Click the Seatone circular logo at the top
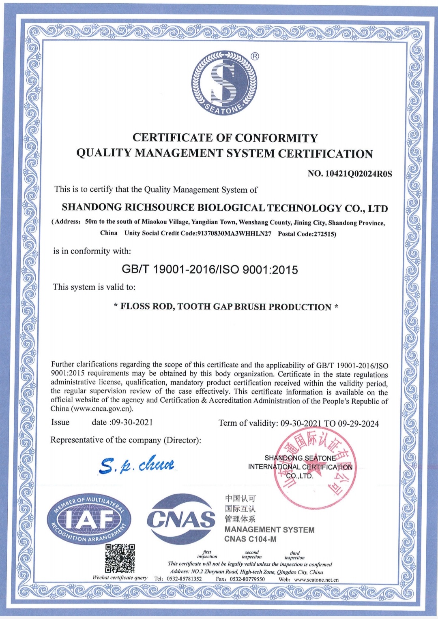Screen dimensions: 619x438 224,83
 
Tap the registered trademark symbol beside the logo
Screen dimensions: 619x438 255,56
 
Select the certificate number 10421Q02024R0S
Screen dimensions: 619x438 359,174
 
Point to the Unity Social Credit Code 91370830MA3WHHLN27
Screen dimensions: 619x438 234,234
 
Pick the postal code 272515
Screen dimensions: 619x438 324,234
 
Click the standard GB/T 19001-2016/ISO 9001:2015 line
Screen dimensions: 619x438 210,270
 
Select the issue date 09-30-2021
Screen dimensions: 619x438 132,422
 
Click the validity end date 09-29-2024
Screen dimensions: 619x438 358,424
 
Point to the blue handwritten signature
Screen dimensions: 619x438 137,464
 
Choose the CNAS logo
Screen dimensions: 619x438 181,519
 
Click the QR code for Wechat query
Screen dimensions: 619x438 120,559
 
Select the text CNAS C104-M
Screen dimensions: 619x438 250,539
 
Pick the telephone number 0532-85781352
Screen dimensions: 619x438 184,579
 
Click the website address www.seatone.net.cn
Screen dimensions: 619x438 316,580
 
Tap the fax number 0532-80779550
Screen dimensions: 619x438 247,579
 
